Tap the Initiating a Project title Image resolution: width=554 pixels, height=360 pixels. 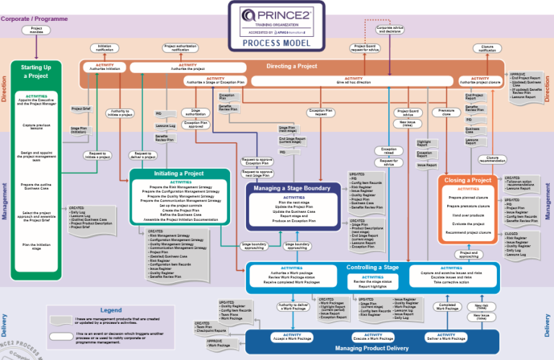[x=180, y=174]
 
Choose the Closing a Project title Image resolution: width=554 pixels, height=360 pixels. [x=467, y=180]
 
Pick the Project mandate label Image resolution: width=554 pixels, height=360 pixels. [x=36, y=30]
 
